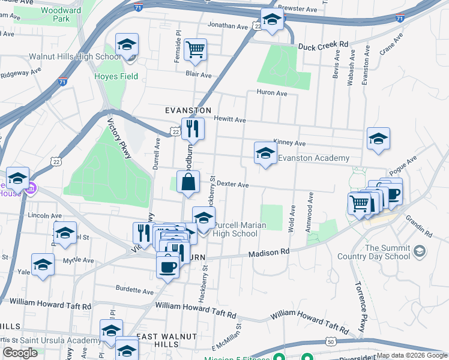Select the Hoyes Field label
point(116,76)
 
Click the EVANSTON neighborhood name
point(188,111)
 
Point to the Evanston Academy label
point(313,158)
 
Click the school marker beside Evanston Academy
point(265,154)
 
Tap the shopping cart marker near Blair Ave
point(195,50)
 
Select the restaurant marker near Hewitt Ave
point(193,129)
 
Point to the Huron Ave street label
point(272,93)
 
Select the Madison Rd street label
point(270,253)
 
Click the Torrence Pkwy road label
point(360,307)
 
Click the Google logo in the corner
point(20,353)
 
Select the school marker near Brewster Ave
point(272,20)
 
